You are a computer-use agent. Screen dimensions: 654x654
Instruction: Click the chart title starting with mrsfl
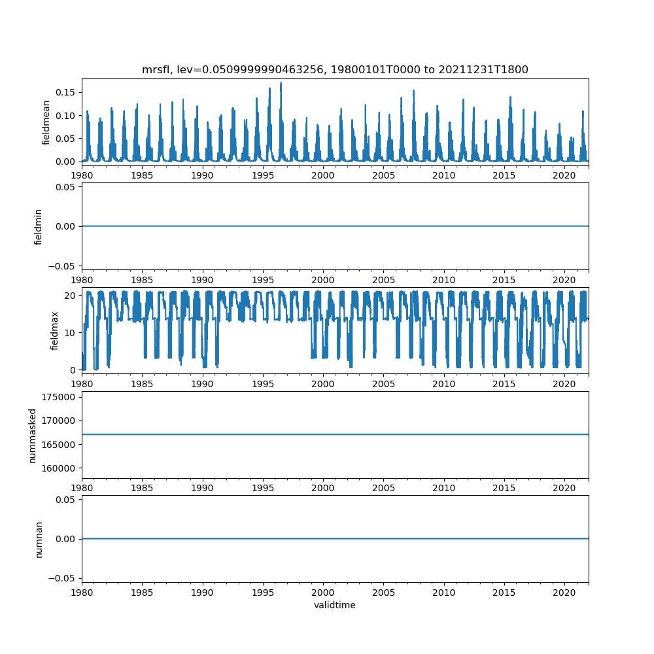pos(335,69)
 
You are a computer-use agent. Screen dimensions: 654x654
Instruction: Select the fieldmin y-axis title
pos(38,226)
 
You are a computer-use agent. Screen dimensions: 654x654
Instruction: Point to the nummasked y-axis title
pos(32,435)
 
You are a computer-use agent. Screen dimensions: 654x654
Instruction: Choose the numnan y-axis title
pos(38,539)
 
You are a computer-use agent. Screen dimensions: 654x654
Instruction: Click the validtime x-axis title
pos(335,605)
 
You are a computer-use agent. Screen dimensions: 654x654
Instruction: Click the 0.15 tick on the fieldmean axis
pos(67,92)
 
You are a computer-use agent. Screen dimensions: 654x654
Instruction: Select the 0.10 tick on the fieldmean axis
pos(67,115)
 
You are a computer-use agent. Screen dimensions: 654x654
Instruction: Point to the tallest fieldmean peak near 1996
pos(281,83)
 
